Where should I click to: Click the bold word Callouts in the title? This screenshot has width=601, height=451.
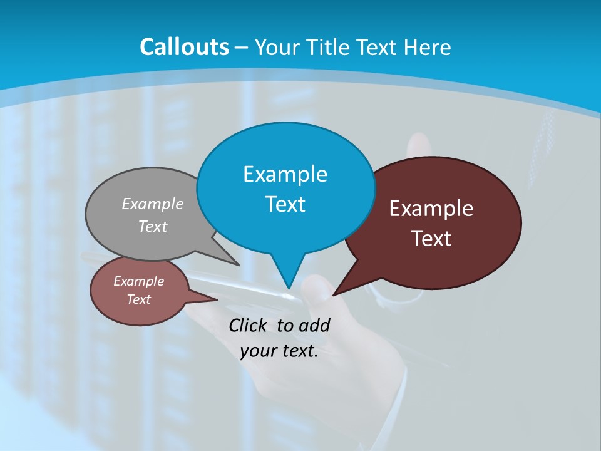coord(184,47)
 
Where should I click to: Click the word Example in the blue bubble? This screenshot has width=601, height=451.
coord(285,174)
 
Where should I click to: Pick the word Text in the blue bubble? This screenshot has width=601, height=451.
coord(285,204)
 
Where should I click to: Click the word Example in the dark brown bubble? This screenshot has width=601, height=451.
coord(431,209)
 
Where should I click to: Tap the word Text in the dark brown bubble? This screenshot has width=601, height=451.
coord(431,239)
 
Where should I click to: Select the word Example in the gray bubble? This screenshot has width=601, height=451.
coord(153,204)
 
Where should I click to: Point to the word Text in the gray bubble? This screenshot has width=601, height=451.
coord(153,227)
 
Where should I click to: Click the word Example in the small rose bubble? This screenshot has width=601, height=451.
coord(138,281)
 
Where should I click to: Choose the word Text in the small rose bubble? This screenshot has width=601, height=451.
coord(138,299)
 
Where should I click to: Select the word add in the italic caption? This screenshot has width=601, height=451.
coord(315,325)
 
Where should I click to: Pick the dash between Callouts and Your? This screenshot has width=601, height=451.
coord(242,47)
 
